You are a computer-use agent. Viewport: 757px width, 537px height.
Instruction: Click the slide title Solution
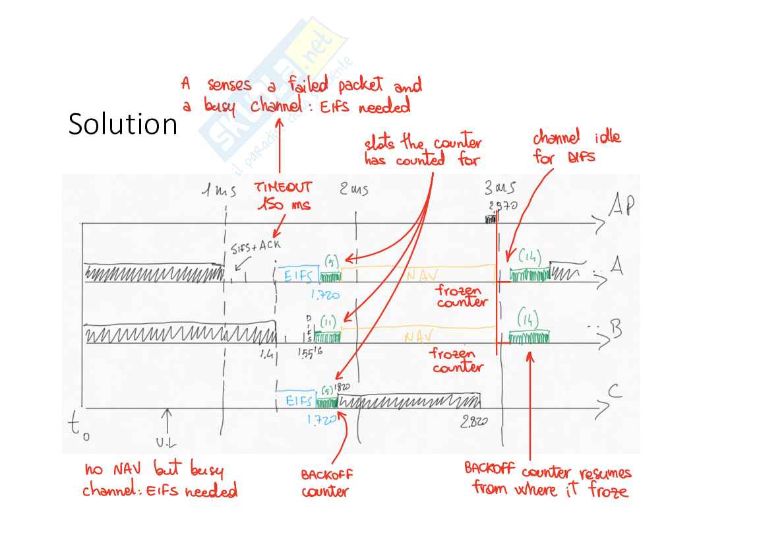click(123, 124)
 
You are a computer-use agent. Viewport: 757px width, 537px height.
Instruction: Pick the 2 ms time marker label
click(354, 190)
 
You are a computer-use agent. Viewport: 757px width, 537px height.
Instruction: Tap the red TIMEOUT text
click(284, 188)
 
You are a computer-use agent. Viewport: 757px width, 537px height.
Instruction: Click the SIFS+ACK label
click(257, 246)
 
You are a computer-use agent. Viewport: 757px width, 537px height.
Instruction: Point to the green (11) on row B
click(328, 321)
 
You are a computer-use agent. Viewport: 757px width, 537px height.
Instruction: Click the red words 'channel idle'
click(576, 139)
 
